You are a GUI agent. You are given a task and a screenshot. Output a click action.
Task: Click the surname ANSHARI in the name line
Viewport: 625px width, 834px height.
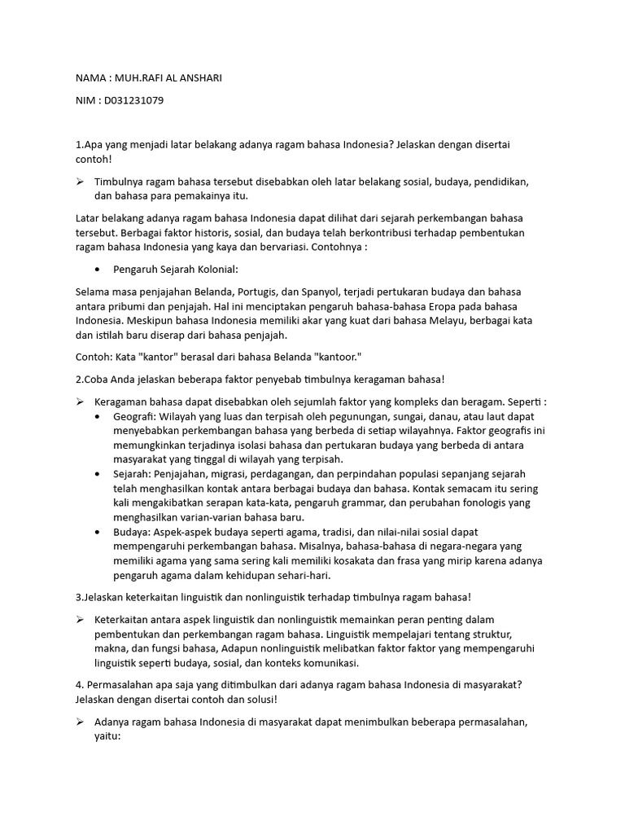tap(196, 77)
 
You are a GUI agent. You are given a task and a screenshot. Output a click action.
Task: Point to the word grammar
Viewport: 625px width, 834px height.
tap(321, 503)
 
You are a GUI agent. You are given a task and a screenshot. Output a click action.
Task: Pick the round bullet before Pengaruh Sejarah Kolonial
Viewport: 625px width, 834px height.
tap(98, 269)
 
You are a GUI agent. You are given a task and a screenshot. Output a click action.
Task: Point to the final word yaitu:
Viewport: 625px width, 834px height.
tap(107, 736)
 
